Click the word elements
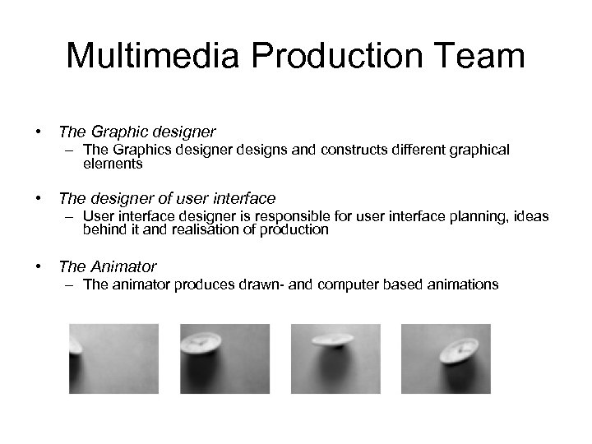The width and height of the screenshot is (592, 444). coord(113,164)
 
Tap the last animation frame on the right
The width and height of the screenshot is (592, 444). coord(446,358)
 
